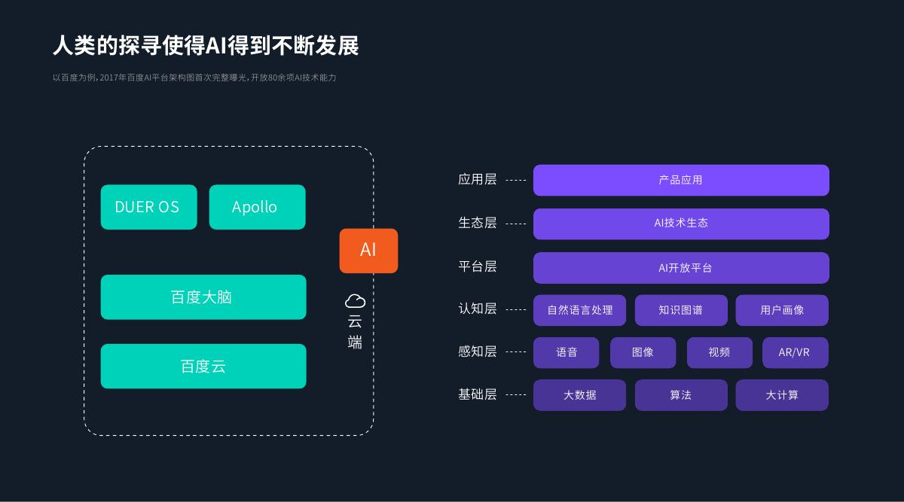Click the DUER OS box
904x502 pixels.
(x=149, y=207)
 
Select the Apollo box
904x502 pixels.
(x=257, y=207)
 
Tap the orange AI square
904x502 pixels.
(x=368, y=251)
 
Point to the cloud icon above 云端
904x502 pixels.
(x=355, y=301)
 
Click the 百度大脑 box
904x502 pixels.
(x=203, y=297)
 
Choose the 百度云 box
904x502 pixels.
(x=203, y=366)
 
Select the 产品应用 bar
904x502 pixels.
(x=681, y=180)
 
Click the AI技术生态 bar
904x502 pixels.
(x=681, y=224)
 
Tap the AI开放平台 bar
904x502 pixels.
(x=681, y=268)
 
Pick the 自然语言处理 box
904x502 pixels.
(x=579, y=310)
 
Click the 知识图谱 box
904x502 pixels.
(x=681, y=310)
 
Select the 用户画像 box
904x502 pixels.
(x=782, y=310)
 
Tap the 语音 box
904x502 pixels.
(x=567, y=352)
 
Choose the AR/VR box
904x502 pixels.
(x=796, y=352)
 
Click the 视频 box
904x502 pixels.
(x=719, y=352)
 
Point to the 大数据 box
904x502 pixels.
(x=579, y=395)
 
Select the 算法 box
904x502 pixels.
(x=681, y=395)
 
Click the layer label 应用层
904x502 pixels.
(x=478, y=179)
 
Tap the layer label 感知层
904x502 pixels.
(x=478, y=351)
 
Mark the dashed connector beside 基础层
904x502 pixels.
(x=516, y=394)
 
